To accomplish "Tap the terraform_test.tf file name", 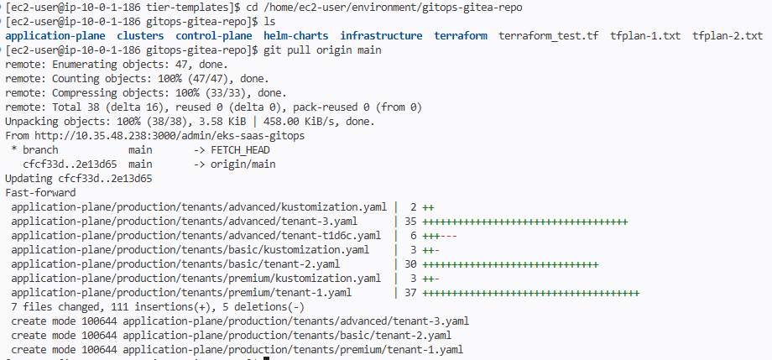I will (x=549, y=36).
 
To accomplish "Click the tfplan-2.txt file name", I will (x=728, y=36).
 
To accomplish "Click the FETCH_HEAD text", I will (x=240, y=149).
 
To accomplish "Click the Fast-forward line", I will (x=40, y=192).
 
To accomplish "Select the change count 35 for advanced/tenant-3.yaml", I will (x=410, y=222).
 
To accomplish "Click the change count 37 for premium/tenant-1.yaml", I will (x=410, y=293).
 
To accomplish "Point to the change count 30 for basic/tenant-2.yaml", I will (x=410, y=264).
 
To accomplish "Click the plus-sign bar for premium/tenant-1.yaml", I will (x=531, y=293).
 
